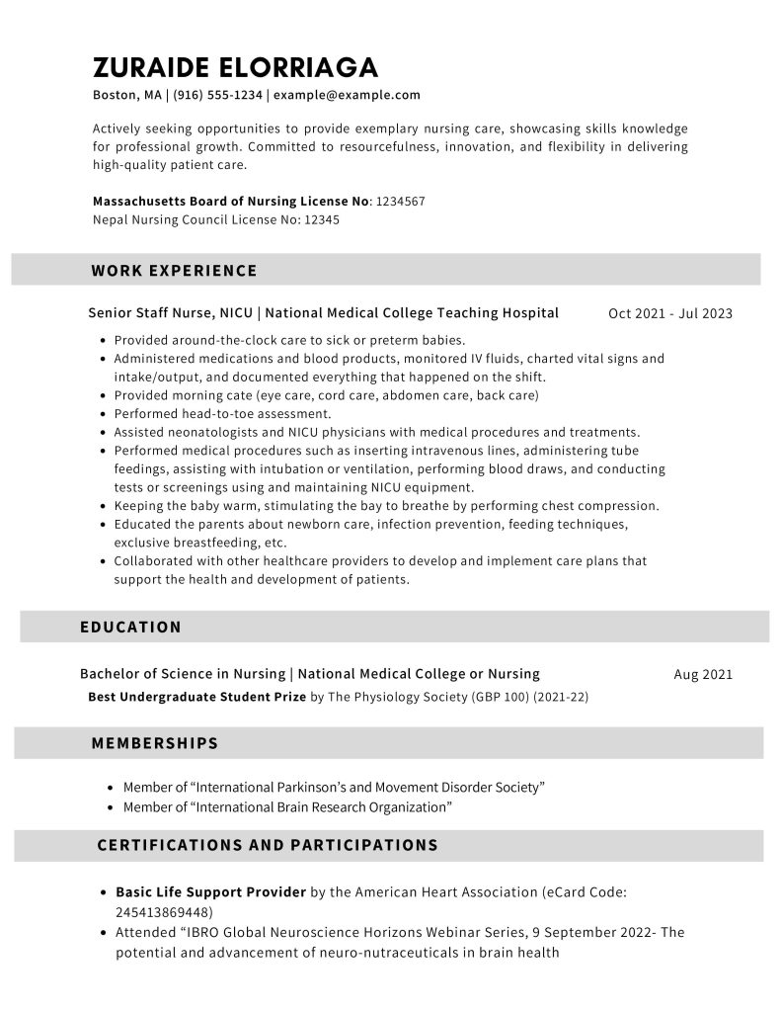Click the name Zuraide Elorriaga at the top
click(235, 67)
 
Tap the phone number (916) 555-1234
click(218, 95)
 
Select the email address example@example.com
click(347, 95)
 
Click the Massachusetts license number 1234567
click(401, 201)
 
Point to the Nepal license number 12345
click(321, 219)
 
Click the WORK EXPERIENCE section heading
click(174, 270)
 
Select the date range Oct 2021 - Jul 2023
click(670, 313)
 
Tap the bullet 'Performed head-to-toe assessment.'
click(223, 413)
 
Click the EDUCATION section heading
click(130, 627)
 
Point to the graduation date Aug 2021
click(703, 674)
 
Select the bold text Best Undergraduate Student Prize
click(196, 696)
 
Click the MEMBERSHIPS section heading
click(154, 742)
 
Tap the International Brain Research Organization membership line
click(287, 807)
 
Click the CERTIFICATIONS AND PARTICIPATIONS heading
click(268, 845)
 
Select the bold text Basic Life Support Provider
click(210, 891)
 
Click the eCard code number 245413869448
click(163, 911)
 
